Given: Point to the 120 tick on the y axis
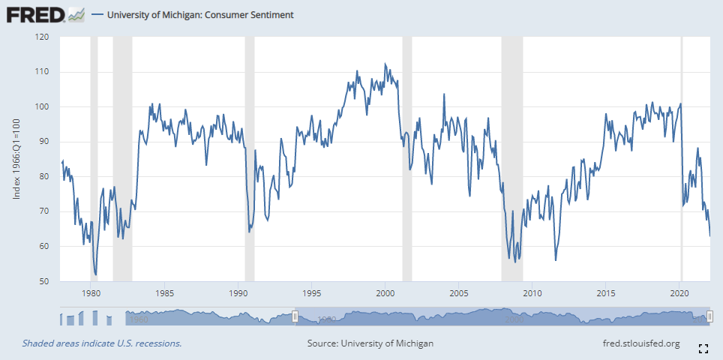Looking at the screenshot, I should click(x=43, y=37).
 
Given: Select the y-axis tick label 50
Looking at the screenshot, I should click(x=45, y=282).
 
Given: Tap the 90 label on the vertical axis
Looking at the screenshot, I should click(x=45, y=142).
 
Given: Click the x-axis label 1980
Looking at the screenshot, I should click(x=90, y=293).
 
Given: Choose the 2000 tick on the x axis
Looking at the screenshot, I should click(x=385, y=293).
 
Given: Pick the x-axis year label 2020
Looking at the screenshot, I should click(x=679, y=293).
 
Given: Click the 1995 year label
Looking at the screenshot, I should click(x=311, y=293).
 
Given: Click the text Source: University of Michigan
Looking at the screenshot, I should click(x=370, y=343).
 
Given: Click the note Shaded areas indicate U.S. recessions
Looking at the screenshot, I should click(x=102, y=343).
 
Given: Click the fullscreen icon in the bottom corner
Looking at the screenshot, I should click(x=703, y=348).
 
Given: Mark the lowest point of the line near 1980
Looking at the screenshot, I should click(x=95, y=274).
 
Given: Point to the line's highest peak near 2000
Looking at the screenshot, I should click(x=385, y=64).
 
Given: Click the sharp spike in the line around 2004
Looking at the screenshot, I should click(x=444, y=94).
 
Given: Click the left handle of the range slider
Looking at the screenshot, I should click(x=295, y=317).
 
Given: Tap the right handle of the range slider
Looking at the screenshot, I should click(x=709, y=317).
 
